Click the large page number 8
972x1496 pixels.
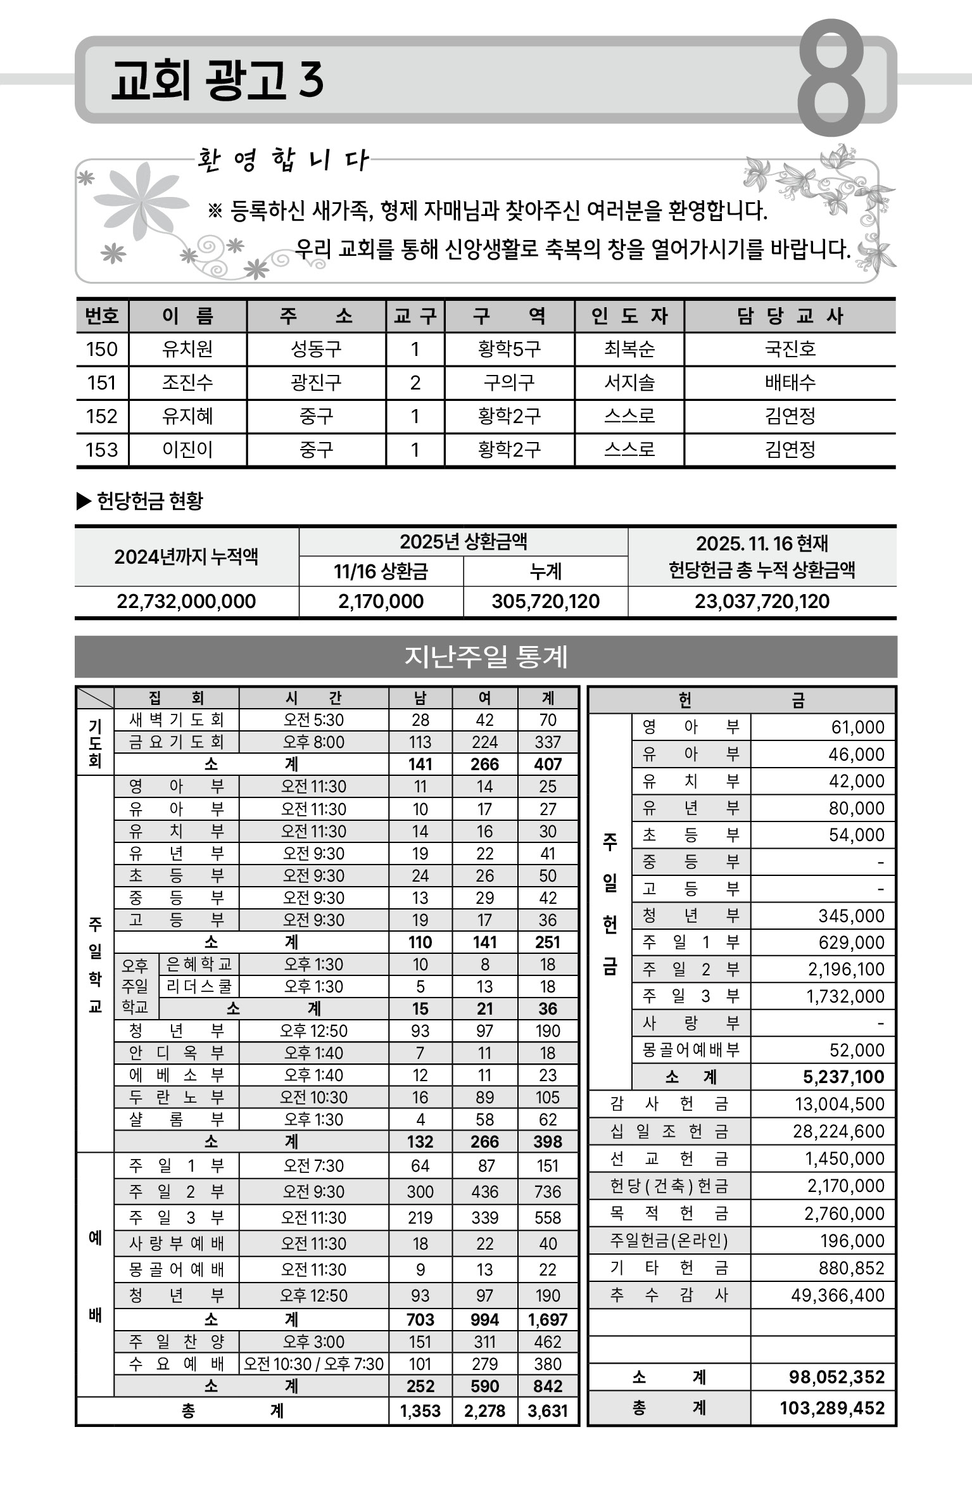click(831, 78)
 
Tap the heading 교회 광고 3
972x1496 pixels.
click(217, 81)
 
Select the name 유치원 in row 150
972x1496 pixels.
click(187, 349)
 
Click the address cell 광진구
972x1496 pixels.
click(316, 383)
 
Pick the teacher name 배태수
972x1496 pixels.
click(790, 383)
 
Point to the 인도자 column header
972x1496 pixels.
click(629, 315)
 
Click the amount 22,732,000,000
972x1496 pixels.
click(186, 601)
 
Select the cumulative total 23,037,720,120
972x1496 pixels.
click(762, 601)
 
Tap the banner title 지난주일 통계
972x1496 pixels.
click(486, 657)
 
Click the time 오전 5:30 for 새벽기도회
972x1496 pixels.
click(313, 719)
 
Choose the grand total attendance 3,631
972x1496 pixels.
click(548, 1411)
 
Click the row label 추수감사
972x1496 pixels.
click(669, 1295)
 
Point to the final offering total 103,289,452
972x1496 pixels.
click(832, 1408)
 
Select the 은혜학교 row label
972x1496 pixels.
click(199, 964)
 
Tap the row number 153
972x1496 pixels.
click(102, 450)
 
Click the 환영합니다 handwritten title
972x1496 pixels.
click(282, 160)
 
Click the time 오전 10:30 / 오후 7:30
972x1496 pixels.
click(313, 1364)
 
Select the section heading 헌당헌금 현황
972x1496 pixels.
click(149, 501)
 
